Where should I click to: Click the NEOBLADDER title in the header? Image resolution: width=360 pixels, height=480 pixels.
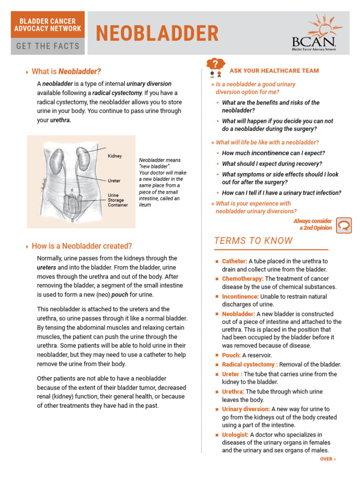tap(157, 34)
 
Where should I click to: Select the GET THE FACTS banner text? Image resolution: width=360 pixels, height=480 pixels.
tap(48, 46)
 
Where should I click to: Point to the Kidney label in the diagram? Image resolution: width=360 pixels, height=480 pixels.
tap(115, 156)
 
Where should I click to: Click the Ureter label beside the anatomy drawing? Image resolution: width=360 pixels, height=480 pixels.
tap(114, 180)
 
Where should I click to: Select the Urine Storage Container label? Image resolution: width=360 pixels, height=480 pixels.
tap(118, 200)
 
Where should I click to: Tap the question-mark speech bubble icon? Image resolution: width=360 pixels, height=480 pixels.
tap(215, 67)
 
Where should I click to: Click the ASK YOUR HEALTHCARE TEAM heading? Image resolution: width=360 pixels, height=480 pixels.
tap(274, 71)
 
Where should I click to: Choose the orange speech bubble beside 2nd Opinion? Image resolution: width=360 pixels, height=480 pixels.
tap(344, 225)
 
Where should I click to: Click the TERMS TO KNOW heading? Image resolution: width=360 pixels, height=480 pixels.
tap(253, 241)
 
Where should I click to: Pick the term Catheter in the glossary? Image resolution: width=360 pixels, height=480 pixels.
tap(234, 261)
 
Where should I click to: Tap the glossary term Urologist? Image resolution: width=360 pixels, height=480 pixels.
tap(235, 435)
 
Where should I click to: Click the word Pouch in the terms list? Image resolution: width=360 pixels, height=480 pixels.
tap(231, 355)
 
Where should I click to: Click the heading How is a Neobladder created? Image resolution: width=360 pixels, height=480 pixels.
tap(82, 246)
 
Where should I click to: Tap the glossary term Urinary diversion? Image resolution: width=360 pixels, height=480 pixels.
tap(246, 409)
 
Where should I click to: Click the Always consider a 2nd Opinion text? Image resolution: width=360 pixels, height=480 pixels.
tap(313, 225)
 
